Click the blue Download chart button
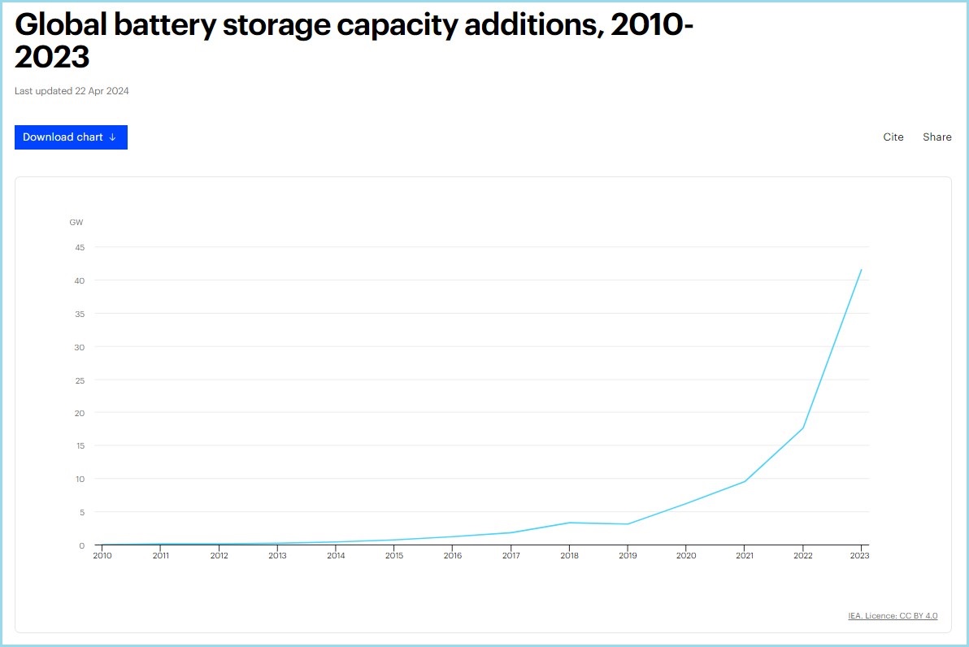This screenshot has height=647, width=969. [x=71, y=137]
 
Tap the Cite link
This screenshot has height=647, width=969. [x=893, y=137]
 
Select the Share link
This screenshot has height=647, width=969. [x=936, y=137]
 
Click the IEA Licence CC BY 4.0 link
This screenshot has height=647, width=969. [x=893, y=616]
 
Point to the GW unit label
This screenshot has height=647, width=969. [x=76, y=222]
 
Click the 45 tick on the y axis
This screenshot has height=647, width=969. [x=80, y=247]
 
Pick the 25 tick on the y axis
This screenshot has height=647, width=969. [x=80, y=380]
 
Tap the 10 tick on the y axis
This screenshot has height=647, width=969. [x=80, y=479]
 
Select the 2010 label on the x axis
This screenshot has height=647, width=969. [x=102, y=556]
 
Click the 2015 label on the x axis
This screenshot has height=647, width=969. [x=394, y=556]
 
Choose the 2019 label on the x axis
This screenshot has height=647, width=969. [x=628, y=556]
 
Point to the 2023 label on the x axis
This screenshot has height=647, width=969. [x=860, y=556]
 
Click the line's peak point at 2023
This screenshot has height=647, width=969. [x=861, y=270]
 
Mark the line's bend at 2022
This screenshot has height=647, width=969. [x=803, y=428]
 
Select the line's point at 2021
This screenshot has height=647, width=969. [x=745, y=481]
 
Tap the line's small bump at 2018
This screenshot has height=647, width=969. [x=570, y=523]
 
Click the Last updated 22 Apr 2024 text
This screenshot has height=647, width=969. [x=72, y=91]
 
